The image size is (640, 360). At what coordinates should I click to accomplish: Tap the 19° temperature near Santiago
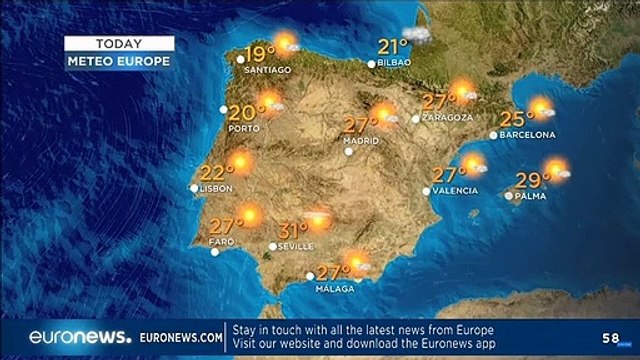tap(260, 53)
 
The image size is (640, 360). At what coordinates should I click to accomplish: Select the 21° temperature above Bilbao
tap(392, 46)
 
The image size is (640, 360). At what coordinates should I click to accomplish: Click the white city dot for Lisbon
tap(194, 187)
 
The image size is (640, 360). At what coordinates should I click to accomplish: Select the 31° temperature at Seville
tap(292, 228)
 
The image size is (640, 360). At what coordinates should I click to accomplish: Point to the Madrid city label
tap(361, 141)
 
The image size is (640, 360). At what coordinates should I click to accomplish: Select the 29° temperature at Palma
tap(533, 181)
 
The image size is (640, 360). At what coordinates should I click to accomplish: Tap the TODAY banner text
tap(119, 43)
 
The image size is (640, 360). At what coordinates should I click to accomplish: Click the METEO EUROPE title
tap(119, 61)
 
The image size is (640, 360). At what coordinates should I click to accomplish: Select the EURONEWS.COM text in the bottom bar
tap(180, 338)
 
